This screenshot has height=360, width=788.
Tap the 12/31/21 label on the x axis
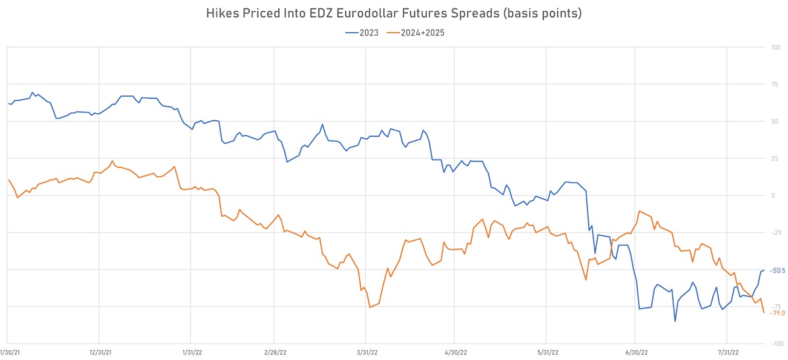point(99,351)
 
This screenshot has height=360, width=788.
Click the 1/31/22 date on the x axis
point(191,351)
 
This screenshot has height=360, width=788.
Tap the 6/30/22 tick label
point(637,351)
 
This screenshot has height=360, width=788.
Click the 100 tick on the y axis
point(776,47)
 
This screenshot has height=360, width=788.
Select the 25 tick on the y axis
point(774,158)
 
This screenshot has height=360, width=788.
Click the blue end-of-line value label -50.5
point(777,271)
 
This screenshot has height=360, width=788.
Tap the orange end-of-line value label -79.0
point(777,313)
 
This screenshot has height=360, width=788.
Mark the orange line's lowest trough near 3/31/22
point(370,307)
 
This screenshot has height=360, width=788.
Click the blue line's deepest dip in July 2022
point(674,321)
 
